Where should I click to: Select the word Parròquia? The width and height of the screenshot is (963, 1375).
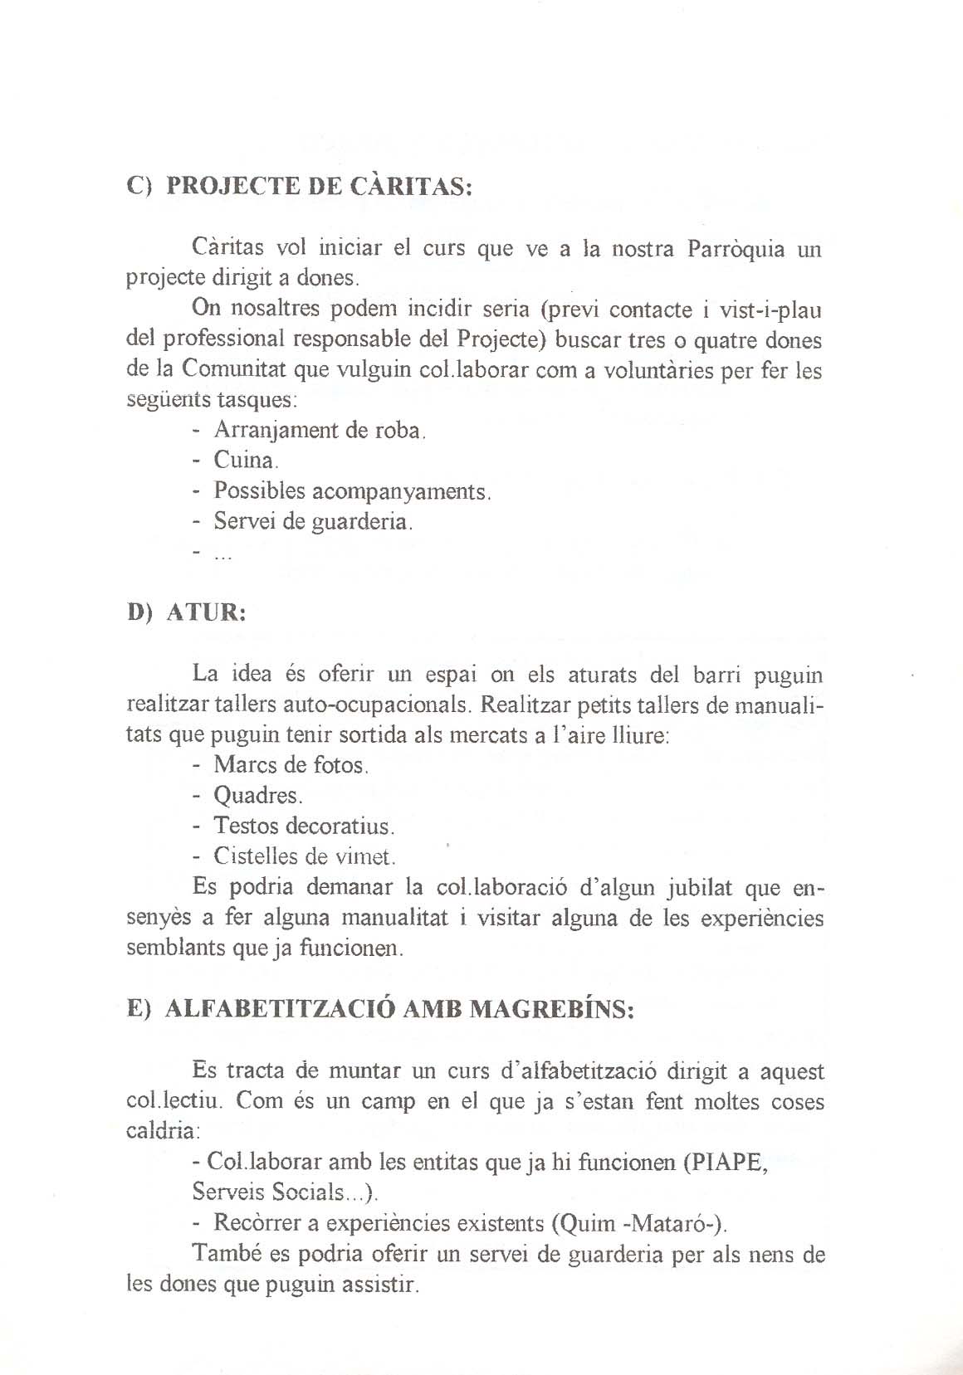click(x=736, y=248)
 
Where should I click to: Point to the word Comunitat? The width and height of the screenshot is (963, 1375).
click(x=235, y=369)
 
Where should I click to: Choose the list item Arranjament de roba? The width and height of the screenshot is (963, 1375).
click(x=320, y=431)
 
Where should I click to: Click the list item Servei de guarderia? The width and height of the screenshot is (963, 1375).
click(x=313, y=522)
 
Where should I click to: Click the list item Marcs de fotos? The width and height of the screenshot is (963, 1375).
click(x=291, y=764)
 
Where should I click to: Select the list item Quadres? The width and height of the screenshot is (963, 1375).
click(x=257, y=795)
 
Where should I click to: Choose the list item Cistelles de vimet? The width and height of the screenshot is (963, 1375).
click(x=305, y=856)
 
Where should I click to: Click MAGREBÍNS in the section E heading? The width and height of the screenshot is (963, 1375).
click(x=551, y=1010)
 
